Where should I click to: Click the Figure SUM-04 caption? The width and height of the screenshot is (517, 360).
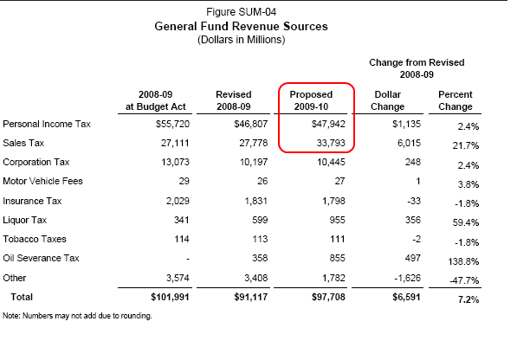pyautogui.click(x=241, y=12)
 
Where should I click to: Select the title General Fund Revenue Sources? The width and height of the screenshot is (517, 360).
pyautogui.click(x=241, y=26)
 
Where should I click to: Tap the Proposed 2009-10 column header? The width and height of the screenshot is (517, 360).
pyautogui.click(x=311, y=100)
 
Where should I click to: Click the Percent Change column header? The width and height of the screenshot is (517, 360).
pyautogui.click(x=455, y=100)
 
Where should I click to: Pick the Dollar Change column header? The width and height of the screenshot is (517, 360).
pyautogui.click(x=387, y=100)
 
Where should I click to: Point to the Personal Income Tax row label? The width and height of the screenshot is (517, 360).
pyautogui.click(x=47, y=124)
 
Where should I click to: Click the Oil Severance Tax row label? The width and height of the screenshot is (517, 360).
pyautogui.click(x=41, y=258)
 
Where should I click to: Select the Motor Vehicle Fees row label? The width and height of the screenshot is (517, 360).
pyautogui.click(x=42, y=181)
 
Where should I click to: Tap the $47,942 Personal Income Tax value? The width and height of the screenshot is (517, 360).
pyautogui.click(x=328, y=124)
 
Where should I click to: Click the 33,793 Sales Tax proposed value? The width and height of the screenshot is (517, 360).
pyautogui.click(x=331, y=143)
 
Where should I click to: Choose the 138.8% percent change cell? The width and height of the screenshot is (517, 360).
pyautogui.click(x=463, y=262)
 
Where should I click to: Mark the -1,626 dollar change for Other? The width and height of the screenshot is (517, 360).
pyautogui.click(x=408, y=278)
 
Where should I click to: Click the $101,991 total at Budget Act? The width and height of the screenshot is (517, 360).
pyautogui.click(x=170, y=297)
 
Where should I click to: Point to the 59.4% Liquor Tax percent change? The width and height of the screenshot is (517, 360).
pyautogui.click(x=466, y=223)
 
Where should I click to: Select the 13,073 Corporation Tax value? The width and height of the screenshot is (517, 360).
pyautogui.click(x=175, y=162)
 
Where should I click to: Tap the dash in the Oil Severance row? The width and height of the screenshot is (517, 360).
pyautogui.click(x=188, y=259)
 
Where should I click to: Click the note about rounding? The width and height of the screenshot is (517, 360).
pyautogui.click(x=77, y=316)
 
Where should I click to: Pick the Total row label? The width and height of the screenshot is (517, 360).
pyautogui.click(x=22, y=297)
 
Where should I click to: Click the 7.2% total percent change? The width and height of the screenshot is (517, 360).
pyautogui.click(x=469, y=300)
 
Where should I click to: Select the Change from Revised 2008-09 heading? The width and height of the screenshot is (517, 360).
pyautogui.click(x=417, y=68)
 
